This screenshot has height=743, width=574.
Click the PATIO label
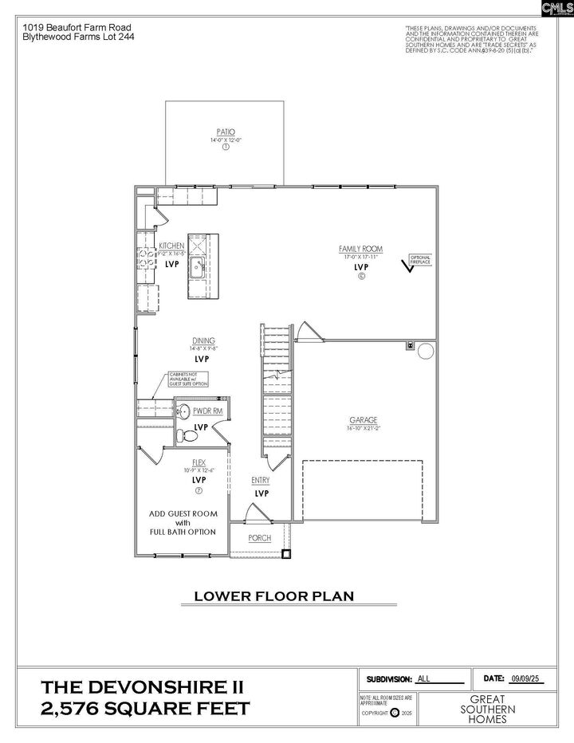[226, 132]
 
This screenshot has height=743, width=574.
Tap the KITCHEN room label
[171, 246]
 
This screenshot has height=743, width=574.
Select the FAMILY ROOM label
[360, 249]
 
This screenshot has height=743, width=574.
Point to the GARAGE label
[363, 420]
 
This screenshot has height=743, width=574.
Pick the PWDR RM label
[206, 411]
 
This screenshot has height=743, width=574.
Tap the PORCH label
[259, 538]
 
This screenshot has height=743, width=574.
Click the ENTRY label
[260, 480]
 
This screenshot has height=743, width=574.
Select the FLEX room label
[199, 462]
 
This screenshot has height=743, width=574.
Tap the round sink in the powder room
[182, 411]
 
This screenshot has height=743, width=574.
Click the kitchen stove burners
[146, 257]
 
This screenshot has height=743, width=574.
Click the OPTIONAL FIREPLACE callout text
[420, 258]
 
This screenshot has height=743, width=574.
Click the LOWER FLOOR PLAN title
[274, 596]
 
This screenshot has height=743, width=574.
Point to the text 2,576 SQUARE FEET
[146, 709]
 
